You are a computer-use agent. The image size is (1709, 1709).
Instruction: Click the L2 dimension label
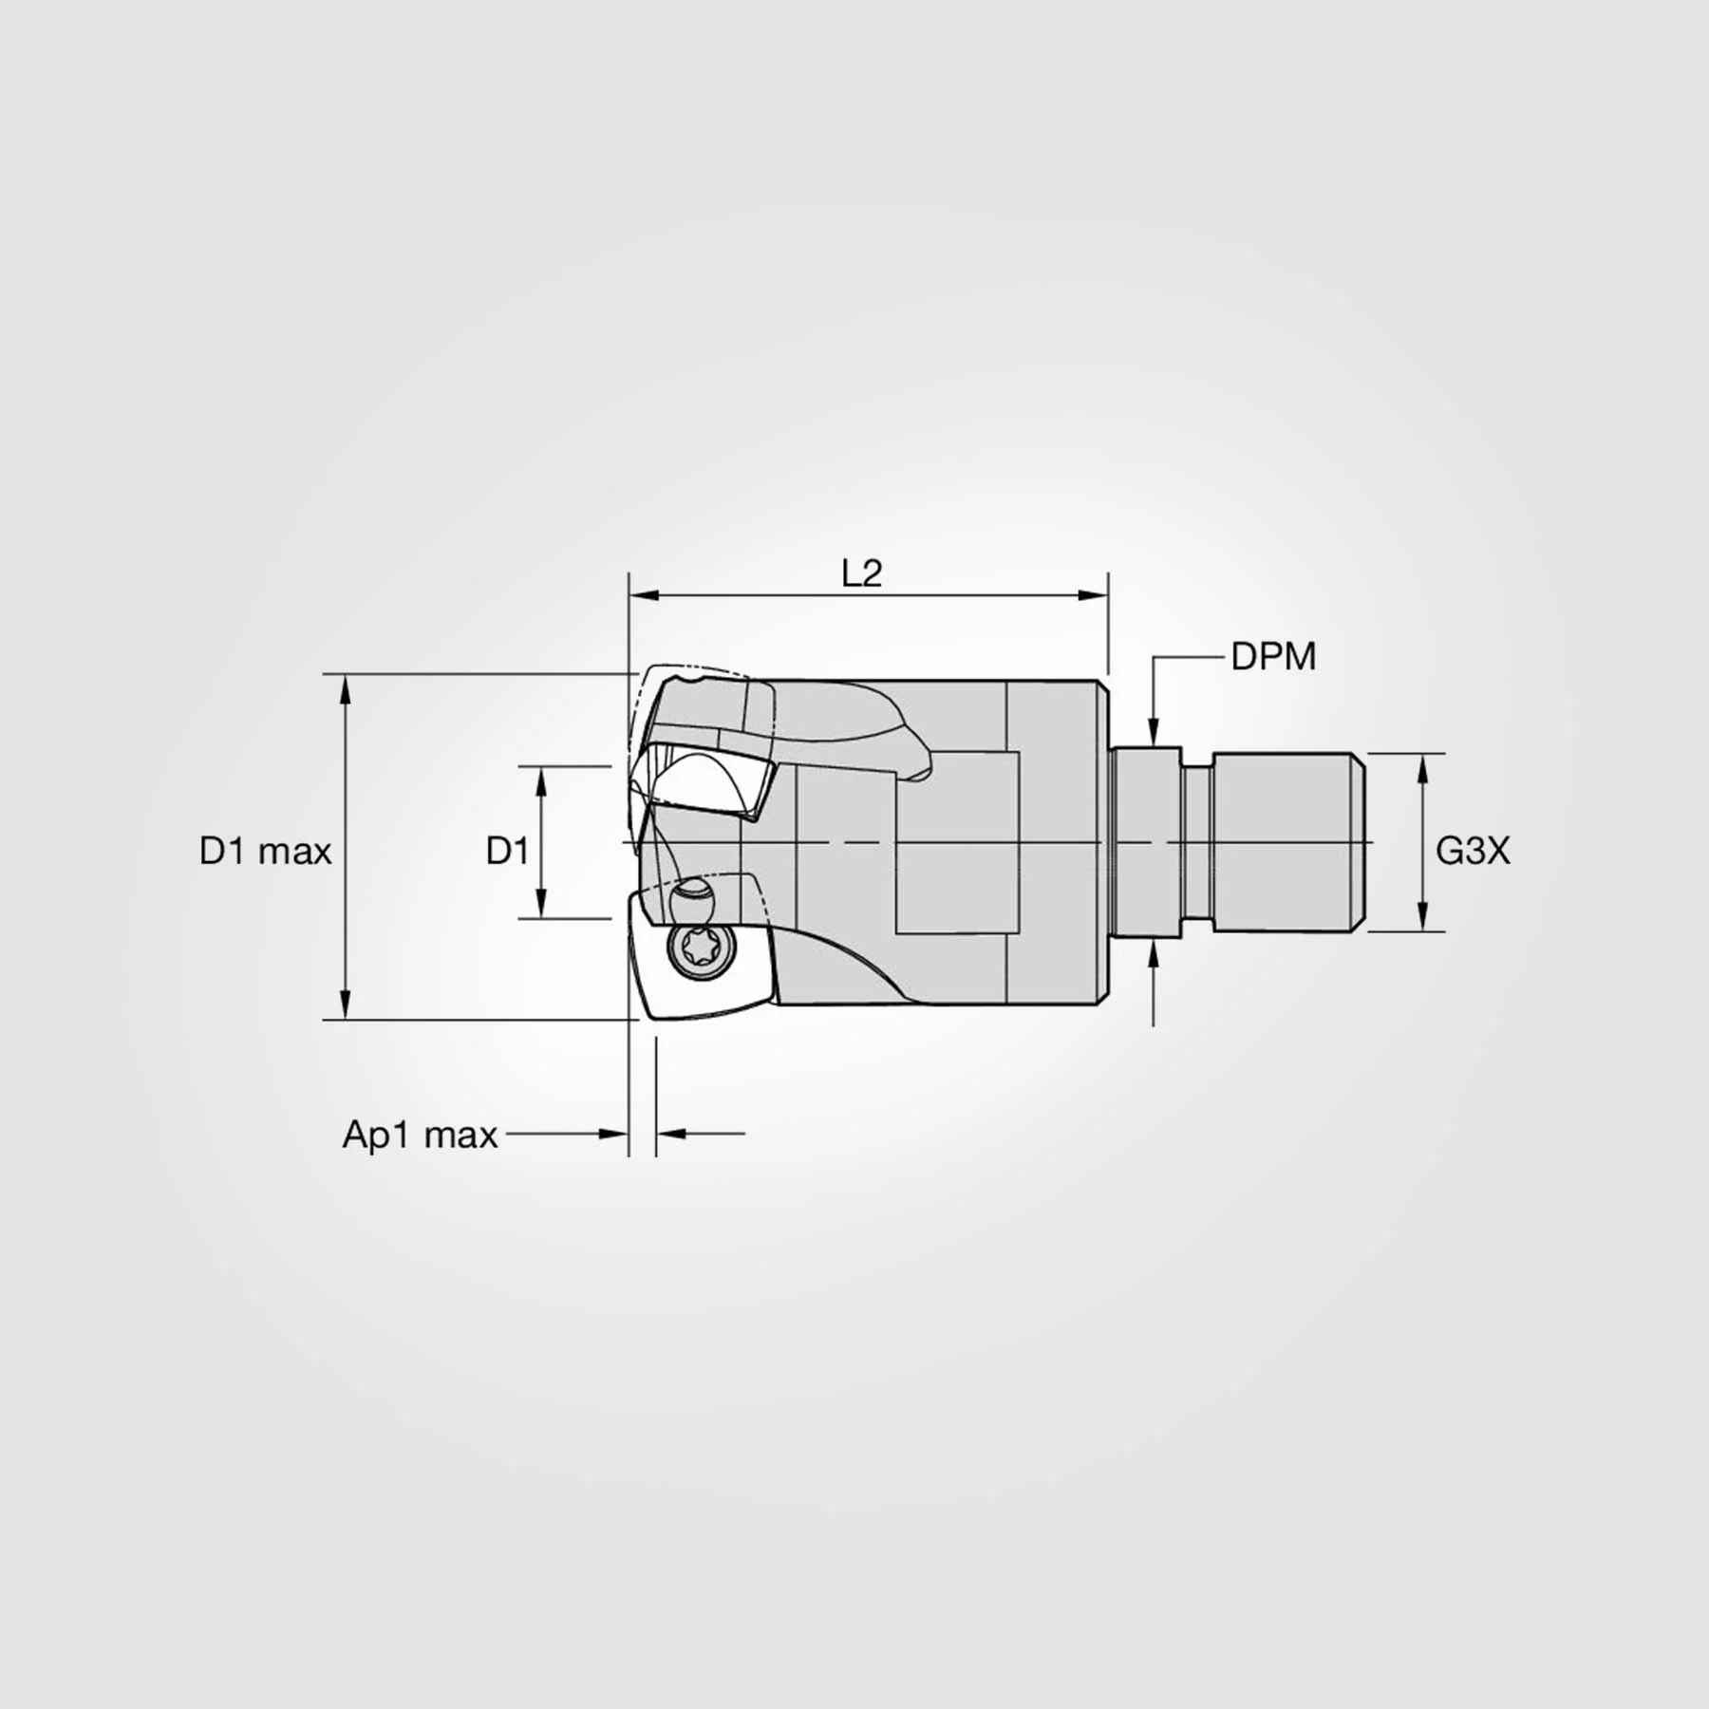[862, 573]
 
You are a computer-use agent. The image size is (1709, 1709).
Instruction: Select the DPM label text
[1273, 657]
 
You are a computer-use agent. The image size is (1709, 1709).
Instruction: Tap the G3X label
[1472, 851]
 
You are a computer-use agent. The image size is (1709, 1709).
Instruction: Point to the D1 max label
[265, 852]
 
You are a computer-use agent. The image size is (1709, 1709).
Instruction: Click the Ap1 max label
[420, 1135]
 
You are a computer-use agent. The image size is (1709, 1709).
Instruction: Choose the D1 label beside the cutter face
[507, 852]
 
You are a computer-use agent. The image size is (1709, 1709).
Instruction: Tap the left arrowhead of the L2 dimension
[644, 595]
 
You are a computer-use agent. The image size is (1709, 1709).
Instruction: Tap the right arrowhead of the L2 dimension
[1093, 595]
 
